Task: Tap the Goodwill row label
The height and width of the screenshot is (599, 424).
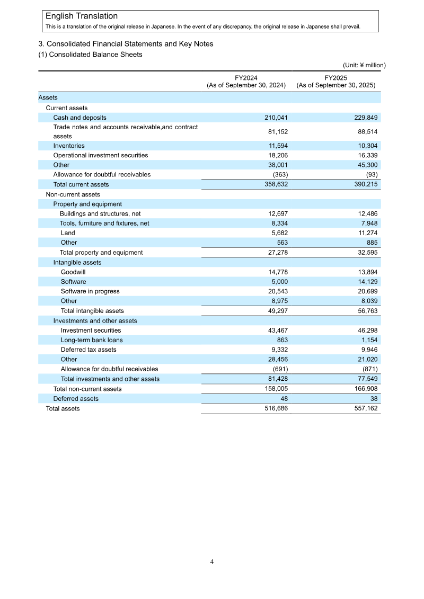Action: [x=73, y=272]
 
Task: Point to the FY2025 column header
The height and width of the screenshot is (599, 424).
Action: [x=336, y=81]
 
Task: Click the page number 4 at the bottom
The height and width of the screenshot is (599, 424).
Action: [x=212, y=562]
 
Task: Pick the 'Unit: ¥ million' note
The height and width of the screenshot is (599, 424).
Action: [x=364, y=65]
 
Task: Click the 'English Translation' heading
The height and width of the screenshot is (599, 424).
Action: [x=82, y=16]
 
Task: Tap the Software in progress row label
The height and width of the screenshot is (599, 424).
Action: [x=90, y=291]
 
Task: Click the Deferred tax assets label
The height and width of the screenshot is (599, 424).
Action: [x=89, y=350]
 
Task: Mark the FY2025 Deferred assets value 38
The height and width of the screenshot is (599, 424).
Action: [x=374, y=398]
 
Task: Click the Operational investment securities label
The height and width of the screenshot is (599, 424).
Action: [x=101, y=155]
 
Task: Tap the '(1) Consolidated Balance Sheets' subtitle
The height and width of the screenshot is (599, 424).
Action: [x=90, y=55]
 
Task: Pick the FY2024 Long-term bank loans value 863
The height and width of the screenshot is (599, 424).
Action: [x=282, y=340]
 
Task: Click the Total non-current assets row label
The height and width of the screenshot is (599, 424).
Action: [x=87, y=389]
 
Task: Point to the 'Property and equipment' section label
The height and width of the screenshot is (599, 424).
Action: [x=87, y=204]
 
